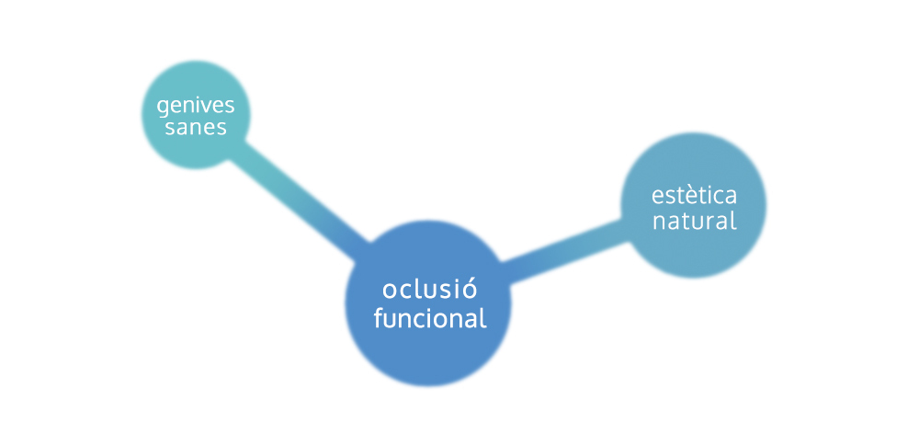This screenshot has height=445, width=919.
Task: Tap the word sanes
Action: click(x=196, y=128)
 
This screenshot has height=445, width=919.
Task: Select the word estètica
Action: click(x=694, y=196)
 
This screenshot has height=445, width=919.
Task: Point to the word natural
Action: click(x=694, y=221)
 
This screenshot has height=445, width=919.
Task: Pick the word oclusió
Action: click(x=429, y=291)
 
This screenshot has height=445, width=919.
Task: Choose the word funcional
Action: click(x=429, y=319)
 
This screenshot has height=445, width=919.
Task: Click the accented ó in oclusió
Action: click(x=469, y=290)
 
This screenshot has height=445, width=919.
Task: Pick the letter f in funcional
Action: click(x=379, y=318)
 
